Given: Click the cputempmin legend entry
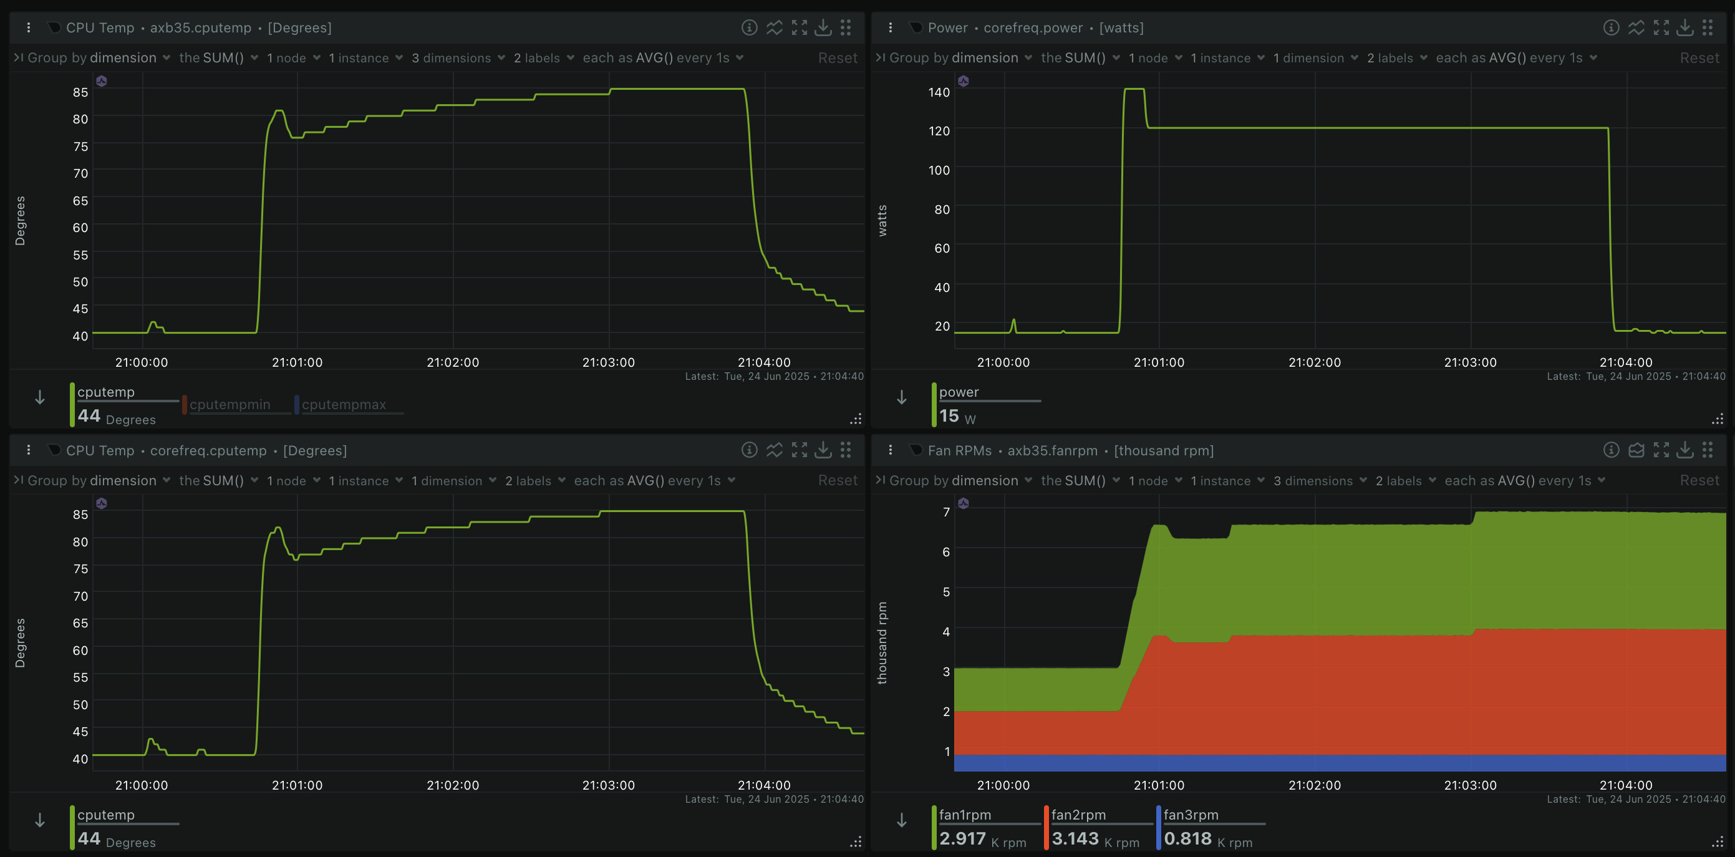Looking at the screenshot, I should (x=230, y=404).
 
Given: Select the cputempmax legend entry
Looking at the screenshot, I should (x=344, y=404).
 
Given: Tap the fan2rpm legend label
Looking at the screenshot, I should (x=1078, y=815).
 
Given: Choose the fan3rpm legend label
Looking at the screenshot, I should (x=1191, y=815).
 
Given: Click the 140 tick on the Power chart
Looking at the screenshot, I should (x=939, y=92).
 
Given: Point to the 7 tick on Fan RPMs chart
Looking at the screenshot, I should (x=946, y=512).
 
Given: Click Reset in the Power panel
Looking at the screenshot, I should (x=1699, y=58).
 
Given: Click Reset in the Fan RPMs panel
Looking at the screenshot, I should (x=1699, y=480).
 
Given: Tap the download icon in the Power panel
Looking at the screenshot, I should (x=1684, y=27).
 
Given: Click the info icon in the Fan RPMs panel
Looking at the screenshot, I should (x=1611, y=450).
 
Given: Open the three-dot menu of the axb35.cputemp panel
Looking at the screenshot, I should (x=28, y=27).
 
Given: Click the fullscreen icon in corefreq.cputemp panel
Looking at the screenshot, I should (x=800, y=450).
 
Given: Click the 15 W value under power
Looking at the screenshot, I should (x=957, y=417).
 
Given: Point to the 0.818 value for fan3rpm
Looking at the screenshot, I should (x=1187, y=839).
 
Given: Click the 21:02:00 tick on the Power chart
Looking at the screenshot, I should (x=1315, y=362).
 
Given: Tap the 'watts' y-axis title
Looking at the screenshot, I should (x=882, y=220).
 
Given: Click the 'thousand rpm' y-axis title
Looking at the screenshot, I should (x=882, y=642).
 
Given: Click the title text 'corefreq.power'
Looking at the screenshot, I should (x=1033, y=27).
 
